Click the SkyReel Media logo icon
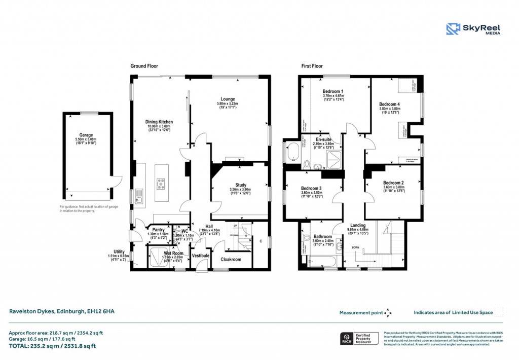point(452,29)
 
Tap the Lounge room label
point(228,99)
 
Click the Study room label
point(241,185)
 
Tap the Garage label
point(86,135)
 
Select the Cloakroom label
point(231,260)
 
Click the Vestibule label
point(201,256)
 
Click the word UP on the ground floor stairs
point(235,226)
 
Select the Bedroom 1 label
point(333,91)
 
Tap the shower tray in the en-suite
point(332,159)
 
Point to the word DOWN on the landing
point(356,248)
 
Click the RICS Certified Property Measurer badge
point(358,339)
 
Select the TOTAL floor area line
point(52,346)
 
